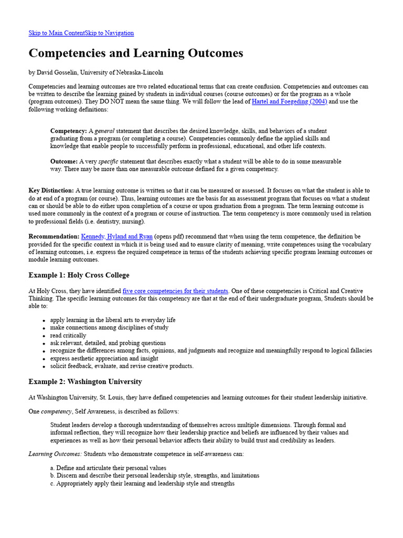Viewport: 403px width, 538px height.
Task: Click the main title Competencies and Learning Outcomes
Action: tap(135, 53)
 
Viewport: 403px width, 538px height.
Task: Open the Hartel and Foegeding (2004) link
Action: tap(289, 101)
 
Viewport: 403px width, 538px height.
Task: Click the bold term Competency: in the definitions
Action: tap(69, 131)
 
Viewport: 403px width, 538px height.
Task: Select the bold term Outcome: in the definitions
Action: tap(64, 161)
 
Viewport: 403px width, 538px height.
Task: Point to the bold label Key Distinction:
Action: tap(51, 191)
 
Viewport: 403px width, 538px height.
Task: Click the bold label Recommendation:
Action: tap(54, 237)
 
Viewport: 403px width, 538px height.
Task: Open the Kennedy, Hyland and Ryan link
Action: tap(117, 237)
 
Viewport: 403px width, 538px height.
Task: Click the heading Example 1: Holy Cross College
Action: tap(79, 275)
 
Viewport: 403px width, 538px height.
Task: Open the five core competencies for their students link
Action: tap(175, 291)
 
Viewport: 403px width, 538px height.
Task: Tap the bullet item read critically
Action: tap(68, 335)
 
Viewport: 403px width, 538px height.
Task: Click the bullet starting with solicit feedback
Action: tap(122, 366)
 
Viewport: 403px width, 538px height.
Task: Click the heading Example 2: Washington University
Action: tap(85, 382)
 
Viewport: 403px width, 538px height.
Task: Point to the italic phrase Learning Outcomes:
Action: tap(55, 454)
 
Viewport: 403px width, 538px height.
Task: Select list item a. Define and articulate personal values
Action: tap(108, 468)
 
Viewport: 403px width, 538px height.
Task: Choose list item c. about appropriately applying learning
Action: tap(142, 483)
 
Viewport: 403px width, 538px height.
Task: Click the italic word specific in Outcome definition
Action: tap(108, 161)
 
